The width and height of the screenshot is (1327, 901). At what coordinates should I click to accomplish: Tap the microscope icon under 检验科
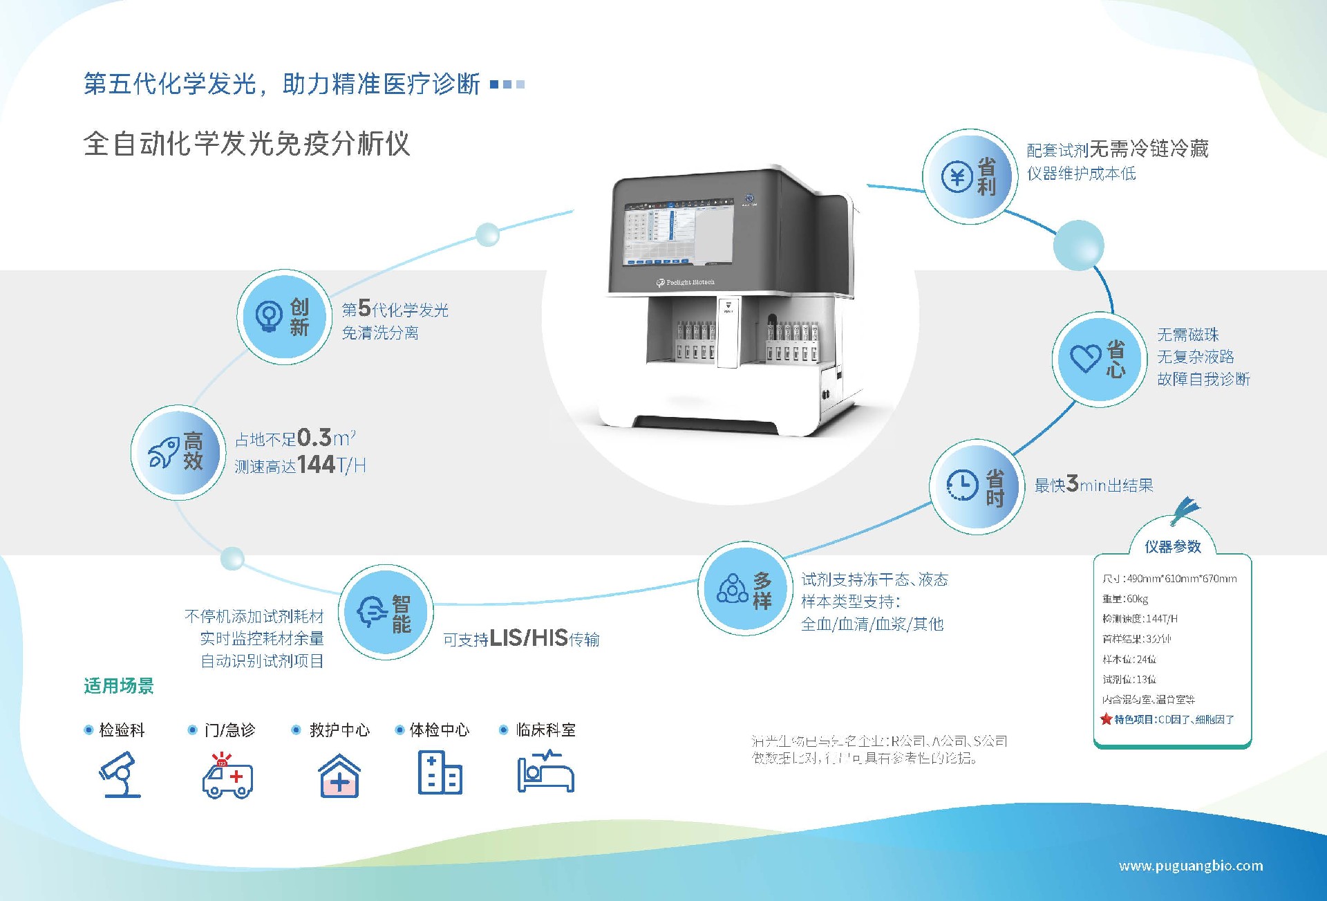121,775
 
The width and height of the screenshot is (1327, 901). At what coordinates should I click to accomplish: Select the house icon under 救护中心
339,776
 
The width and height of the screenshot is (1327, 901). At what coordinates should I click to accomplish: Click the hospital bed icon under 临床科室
546,773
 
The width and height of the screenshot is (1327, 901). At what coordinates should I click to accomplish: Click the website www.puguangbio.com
1190,866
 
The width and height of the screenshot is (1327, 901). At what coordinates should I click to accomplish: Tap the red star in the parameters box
1106,719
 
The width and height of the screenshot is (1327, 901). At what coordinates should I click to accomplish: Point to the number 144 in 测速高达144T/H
316,464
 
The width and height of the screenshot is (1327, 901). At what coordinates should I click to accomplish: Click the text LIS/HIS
528,638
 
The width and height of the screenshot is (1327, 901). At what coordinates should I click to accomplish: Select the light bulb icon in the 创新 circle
269,317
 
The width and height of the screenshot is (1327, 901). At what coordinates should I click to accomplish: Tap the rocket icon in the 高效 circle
163,452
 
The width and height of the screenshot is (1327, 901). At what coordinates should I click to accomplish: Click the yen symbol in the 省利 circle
957,178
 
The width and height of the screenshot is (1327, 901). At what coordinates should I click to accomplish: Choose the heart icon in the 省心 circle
1085,358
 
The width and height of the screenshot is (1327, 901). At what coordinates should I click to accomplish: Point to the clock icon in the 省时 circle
962,485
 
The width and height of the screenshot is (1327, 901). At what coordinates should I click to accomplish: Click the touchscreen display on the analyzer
678,233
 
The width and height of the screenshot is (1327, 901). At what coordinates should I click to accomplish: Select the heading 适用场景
119,686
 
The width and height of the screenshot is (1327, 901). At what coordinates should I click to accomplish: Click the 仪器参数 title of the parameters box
1172,546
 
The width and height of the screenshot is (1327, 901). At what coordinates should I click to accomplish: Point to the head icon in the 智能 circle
372,611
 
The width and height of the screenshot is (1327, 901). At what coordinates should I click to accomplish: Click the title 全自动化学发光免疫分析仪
247,144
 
